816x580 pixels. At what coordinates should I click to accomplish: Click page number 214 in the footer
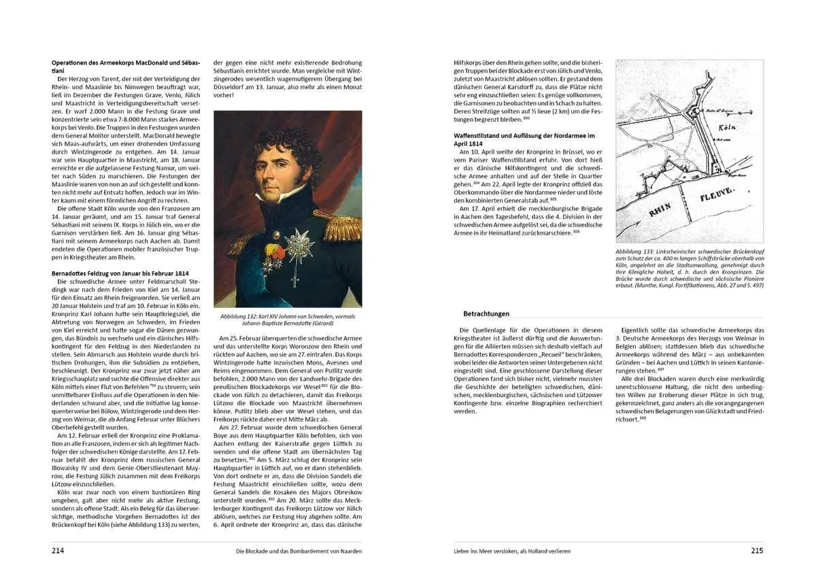pos(58,551)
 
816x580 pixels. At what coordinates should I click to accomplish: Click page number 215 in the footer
pos(757,551)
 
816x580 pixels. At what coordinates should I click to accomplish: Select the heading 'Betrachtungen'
pos(486,313)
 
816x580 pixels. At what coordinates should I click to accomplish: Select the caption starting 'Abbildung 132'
pos(287,320)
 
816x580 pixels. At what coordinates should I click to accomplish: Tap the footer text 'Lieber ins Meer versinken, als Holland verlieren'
pos(512,551)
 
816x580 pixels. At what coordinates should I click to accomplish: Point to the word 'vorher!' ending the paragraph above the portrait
pos(224,95)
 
